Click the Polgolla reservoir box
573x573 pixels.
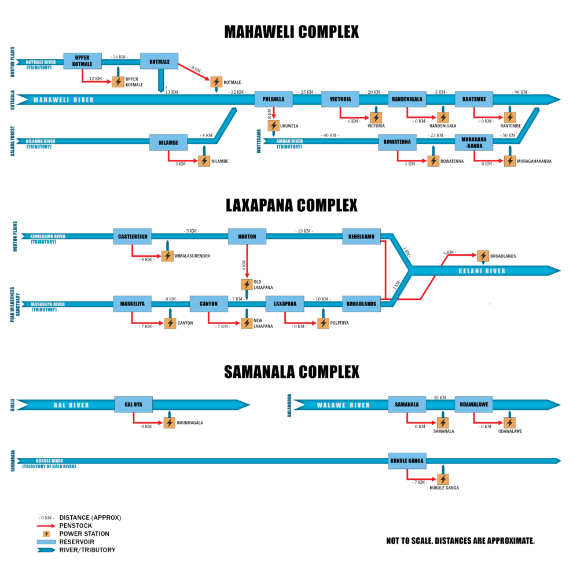pos(274,99)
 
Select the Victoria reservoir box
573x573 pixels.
pos(340,99)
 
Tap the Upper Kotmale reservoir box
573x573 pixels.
pos(82,61)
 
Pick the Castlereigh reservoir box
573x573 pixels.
pos(132,236)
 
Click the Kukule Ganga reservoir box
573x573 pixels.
pos(407,461)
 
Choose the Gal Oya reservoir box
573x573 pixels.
pos(134,405)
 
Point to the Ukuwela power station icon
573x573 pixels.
pos(274,125)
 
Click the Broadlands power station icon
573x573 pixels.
pos(483,256)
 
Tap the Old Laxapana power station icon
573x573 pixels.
pos(247,284)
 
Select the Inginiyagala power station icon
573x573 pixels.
pos(169,423)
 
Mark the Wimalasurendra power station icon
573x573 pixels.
pos(167,256)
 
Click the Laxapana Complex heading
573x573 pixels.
pos(291,205)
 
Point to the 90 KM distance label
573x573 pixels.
pos(520,92)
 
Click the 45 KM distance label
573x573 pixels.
pos(440,397)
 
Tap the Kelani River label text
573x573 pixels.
pos(482,271)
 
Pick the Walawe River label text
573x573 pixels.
pos(343,405)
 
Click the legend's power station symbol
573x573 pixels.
pos(47,534)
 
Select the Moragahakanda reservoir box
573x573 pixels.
pos(473,142)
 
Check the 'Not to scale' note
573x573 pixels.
pos(460,541)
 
